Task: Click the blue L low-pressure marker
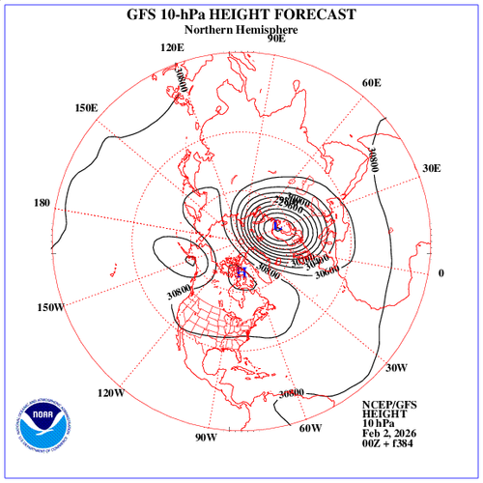coord(276,226)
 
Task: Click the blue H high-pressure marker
coord(242,273)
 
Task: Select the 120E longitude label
coord(173,47)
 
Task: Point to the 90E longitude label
coord(277,39)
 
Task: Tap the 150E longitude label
coord(86,107)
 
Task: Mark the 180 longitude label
coord(43,203)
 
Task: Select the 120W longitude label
coord(111,393)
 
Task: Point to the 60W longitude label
coord(310,428)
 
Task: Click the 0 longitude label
coord(441,273)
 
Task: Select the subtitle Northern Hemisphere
coord(241,30)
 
